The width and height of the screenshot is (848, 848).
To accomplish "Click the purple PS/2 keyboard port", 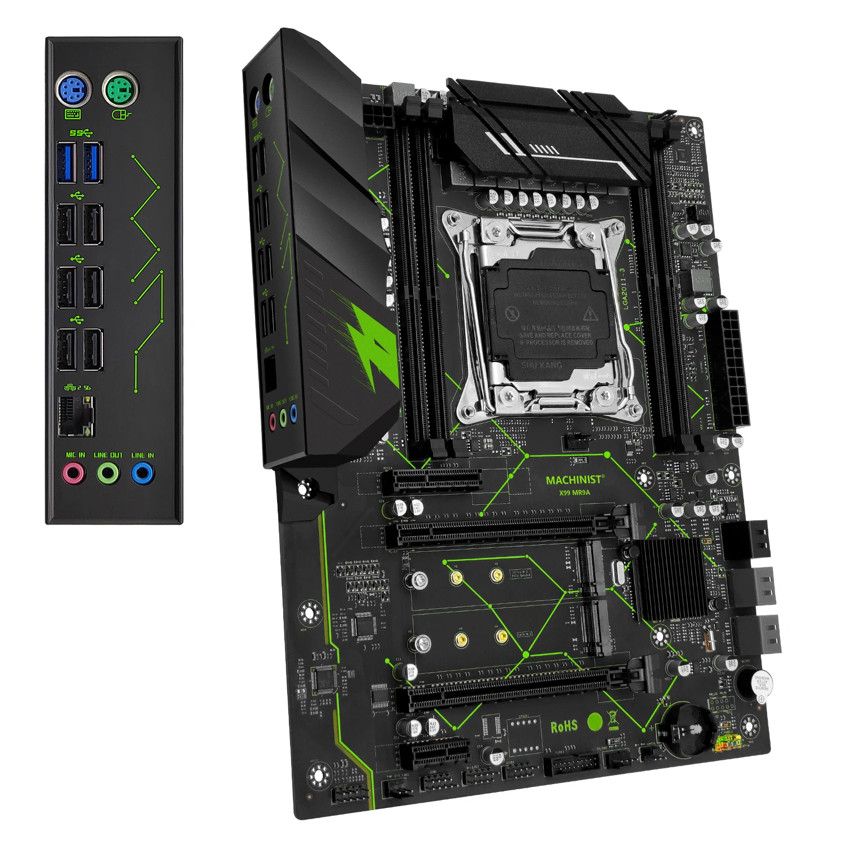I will point(74,90).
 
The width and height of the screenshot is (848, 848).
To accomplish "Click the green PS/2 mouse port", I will point(120,89).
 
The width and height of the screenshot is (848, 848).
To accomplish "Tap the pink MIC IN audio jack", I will point(73,473).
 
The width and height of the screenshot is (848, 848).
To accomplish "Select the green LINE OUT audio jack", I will point(108,473).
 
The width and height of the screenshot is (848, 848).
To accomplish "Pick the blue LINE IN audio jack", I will point(142,473).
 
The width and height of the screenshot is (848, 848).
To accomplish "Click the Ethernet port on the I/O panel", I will point(75,416).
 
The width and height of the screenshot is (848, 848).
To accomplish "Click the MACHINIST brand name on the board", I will point(574,480).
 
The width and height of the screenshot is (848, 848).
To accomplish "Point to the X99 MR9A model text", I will point(574,492).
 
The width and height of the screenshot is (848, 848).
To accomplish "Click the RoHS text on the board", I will point(564,726).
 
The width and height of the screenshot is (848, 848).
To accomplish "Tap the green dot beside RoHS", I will point(595,721).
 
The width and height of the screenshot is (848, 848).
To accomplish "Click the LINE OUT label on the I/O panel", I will point(108,455).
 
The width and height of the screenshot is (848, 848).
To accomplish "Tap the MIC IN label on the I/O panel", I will point(75,455).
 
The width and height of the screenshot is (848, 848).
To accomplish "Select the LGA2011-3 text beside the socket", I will point(625,288).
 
